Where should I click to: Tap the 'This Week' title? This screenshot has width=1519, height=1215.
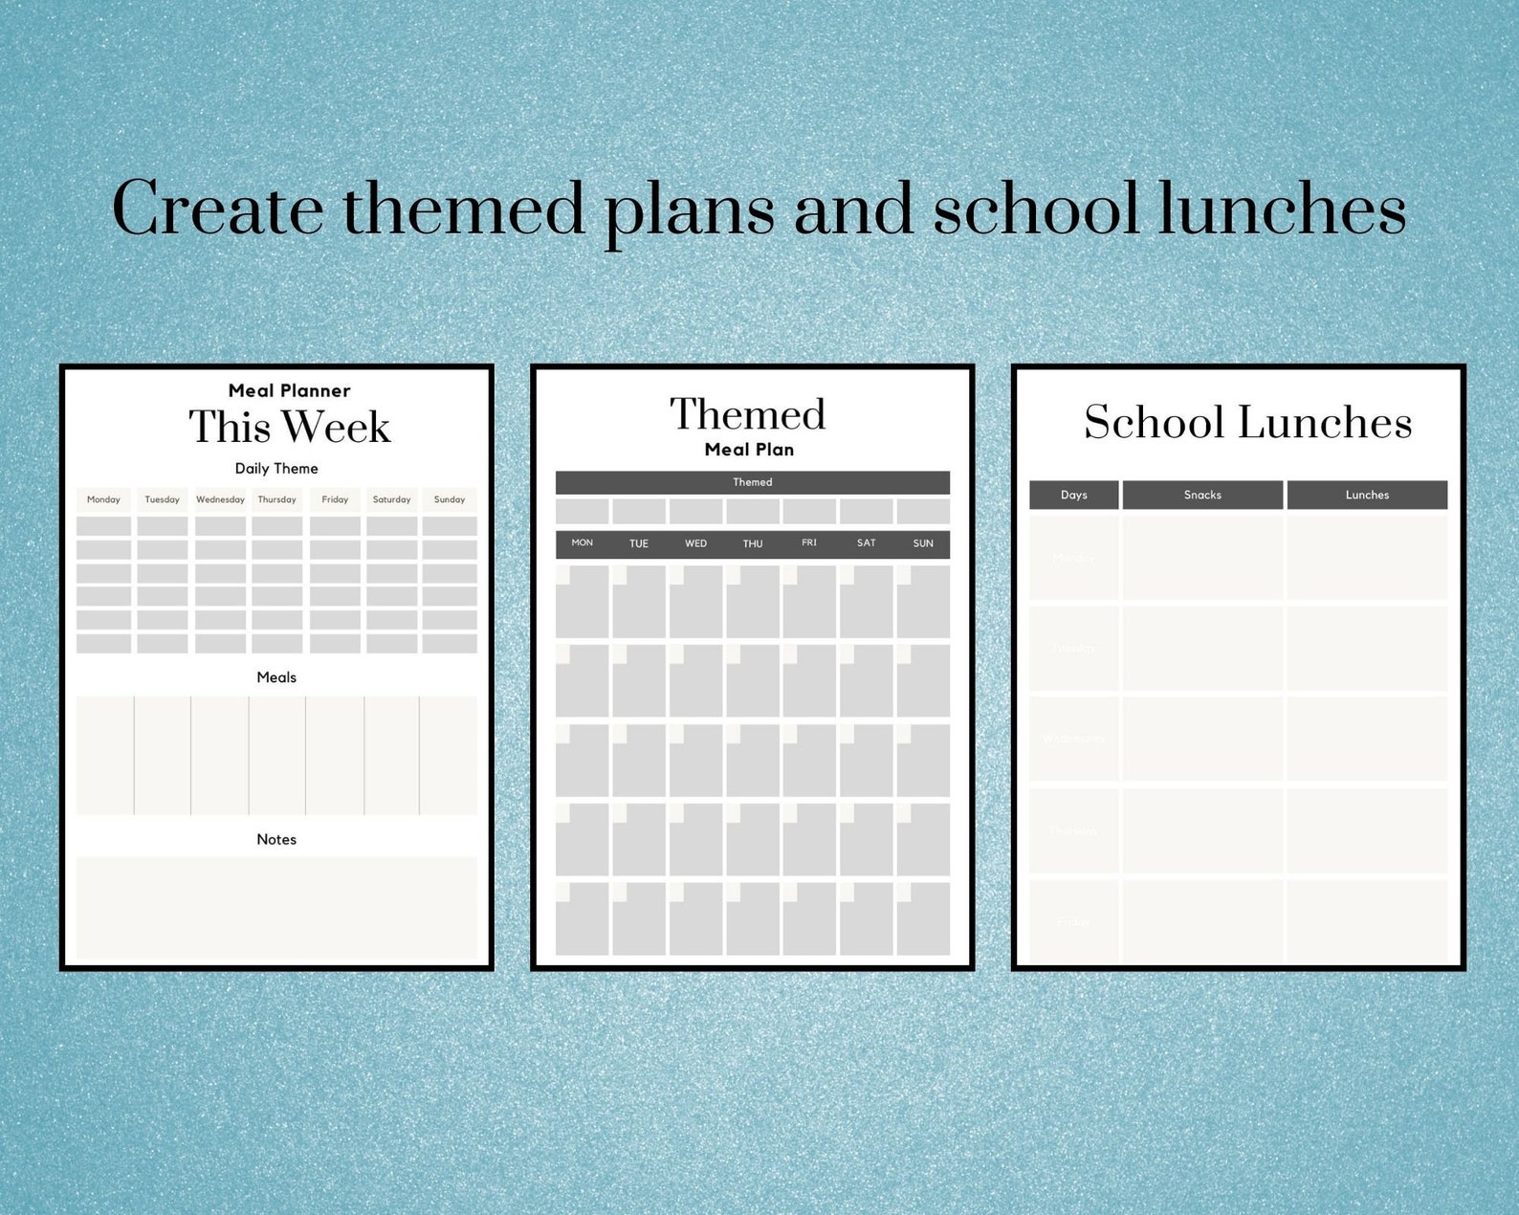pyautogui.click(x=290, y=427)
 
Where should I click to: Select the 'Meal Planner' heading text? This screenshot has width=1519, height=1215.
pyautogui.click(x=289, y=390)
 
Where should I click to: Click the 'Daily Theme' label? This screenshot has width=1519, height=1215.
pyautogui.click(x=276, y=469)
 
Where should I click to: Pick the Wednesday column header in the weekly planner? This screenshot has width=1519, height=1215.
pyautogui.click(x=220, y=499)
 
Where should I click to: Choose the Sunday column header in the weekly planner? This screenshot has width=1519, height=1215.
pyautogui.click(x=450, y=499)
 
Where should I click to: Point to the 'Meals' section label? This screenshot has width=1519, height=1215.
pyautogui.click(x=276, y=677)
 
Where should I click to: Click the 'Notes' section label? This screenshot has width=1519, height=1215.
pyautogui.click(x=276, y=839)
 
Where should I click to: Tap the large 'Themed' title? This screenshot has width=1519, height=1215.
pyautogui.click(x=747, y=414)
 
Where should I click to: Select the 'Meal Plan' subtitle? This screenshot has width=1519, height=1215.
pyautogui.click(x=749, y=450)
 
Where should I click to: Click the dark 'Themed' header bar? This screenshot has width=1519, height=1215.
pyautogui.click(x=753, y=482)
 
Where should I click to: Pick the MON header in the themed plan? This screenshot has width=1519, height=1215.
pyautogui.click(x=583, y=543)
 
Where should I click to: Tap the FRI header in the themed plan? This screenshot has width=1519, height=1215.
pyautogui.click(x=809, y=543)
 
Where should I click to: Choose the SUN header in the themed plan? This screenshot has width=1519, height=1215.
pyautogui.click(x=923, y=543)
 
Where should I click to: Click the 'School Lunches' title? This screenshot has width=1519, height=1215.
pyautogui.click(x=1247, y=422)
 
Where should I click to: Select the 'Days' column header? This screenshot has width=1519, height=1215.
pyautogui.click(x=1074, y=495)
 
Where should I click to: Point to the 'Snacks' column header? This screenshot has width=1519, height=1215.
pyautogui.click(x=1202, y=495)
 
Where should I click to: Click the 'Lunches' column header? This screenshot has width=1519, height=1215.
pyautogui.click(x=1367, y=495)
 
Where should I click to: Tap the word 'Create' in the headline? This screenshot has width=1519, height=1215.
pyautogui.click(x=218, y=209)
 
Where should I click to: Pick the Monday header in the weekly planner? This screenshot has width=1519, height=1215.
pyautogui.click(x=103, y=499)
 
